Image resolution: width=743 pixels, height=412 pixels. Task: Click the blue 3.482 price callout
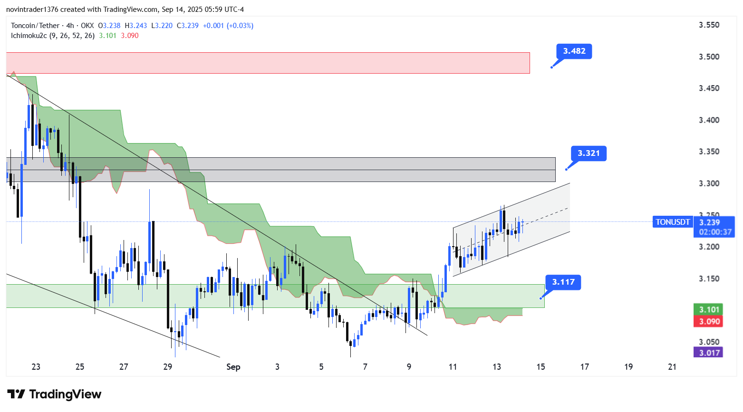coord(574,51)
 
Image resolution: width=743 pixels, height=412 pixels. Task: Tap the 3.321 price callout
coord(589,153)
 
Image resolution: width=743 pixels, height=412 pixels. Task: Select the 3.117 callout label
coord(563,282)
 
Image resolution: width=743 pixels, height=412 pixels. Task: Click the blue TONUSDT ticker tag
coord(673,222)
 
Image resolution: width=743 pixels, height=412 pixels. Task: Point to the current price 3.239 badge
coord(709,222)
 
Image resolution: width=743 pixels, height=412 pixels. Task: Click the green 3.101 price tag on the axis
coord(708,310)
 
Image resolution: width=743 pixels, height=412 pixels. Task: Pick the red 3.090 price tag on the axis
coord(708,322)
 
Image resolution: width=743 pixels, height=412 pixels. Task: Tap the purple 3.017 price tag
coord(708,353)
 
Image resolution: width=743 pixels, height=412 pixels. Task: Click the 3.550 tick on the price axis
coord(709,25)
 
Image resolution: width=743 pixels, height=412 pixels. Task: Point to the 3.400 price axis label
coord(709,120)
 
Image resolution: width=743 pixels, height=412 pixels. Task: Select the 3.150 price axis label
coord(709,278)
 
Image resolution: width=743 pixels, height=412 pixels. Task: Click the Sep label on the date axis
coord(233,367)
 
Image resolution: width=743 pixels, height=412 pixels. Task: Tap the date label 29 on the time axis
coord(168,367)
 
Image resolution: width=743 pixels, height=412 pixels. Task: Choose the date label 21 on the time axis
coord(672,367)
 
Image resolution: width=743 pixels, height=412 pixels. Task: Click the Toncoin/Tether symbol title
coord(35,26)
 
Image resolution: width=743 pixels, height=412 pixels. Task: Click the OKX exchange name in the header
coord(87,26)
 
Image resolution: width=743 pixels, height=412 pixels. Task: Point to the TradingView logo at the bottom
coord(55,394)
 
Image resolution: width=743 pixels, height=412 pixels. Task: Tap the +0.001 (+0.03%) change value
coord(228,26)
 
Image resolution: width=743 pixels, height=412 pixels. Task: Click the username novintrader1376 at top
coord(33,10)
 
